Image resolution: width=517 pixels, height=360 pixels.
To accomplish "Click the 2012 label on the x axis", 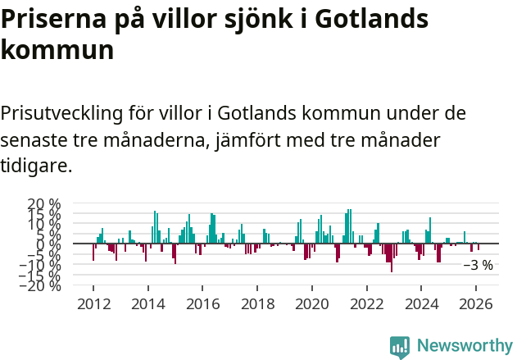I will pyautogui.click(x=93, y=303).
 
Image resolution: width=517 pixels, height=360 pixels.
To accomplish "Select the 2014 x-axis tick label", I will pyautogui.click(x=148, y=303).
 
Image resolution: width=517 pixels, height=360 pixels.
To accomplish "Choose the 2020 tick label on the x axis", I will pyautogui.click(x=312, y=303).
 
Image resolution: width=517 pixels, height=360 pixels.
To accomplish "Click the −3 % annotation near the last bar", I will pyautogui.click(x=478, y=265).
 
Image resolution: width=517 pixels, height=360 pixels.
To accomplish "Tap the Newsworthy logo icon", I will pyautogui.click(x=400, y=347).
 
